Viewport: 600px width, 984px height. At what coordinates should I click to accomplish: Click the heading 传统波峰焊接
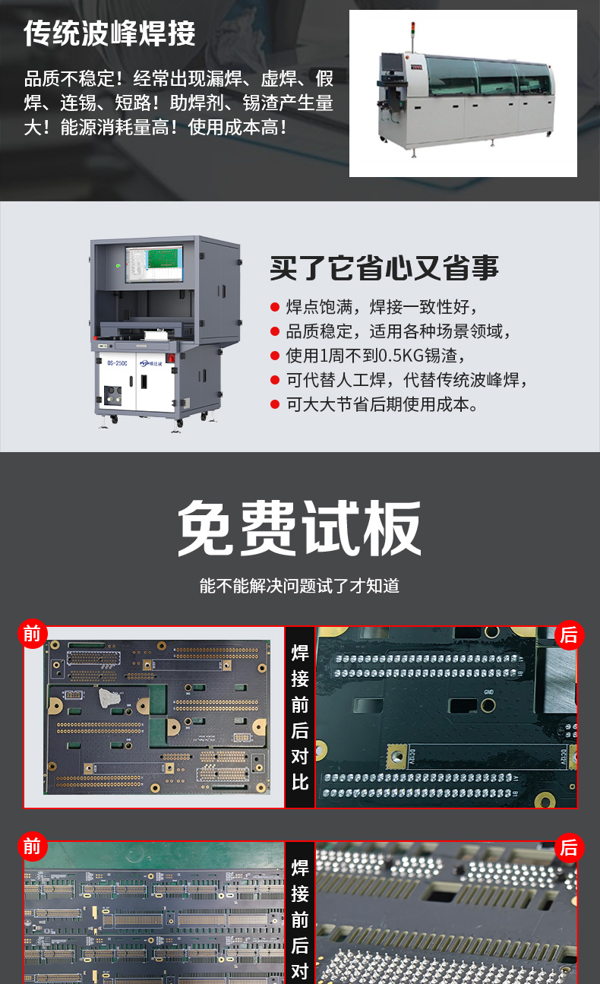pos(109,33)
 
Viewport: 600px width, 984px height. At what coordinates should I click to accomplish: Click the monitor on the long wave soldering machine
pos(391,62)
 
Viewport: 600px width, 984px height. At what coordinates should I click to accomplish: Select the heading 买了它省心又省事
pos(384,267)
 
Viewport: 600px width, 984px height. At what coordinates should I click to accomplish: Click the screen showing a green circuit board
pos(154,263)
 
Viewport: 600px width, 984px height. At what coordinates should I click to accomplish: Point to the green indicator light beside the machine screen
pos(118,266)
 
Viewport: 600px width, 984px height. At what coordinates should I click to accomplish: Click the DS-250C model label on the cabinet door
pos(117,363)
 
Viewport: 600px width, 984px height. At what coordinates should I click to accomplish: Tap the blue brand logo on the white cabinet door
pos(150,363)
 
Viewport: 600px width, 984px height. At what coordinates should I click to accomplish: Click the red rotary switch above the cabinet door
pos(172,358)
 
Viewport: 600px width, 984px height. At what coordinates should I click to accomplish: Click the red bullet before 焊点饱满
pos(275,307)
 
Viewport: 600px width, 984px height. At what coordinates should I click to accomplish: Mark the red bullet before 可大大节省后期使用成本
pos(275,404)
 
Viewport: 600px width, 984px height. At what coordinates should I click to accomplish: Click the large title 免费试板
pos(299,528)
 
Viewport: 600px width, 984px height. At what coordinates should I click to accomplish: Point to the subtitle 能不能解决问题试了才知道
pos(299,586)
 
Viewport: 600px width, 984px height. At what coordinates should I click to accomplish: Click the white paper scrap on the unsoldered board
pos(109,698)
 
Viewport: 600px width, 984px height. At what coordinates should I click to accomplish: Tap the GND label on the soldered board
pos(488,692)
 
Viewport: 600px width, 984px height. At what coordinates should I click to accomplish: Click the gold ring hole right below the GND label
pos(488,705)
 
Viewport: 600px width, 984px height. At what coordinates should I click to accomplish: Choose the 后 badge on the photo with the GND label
pos(569,634)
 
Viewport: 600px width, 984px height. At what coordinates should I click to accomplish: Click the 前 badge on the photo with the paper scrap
pos(32,634)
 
